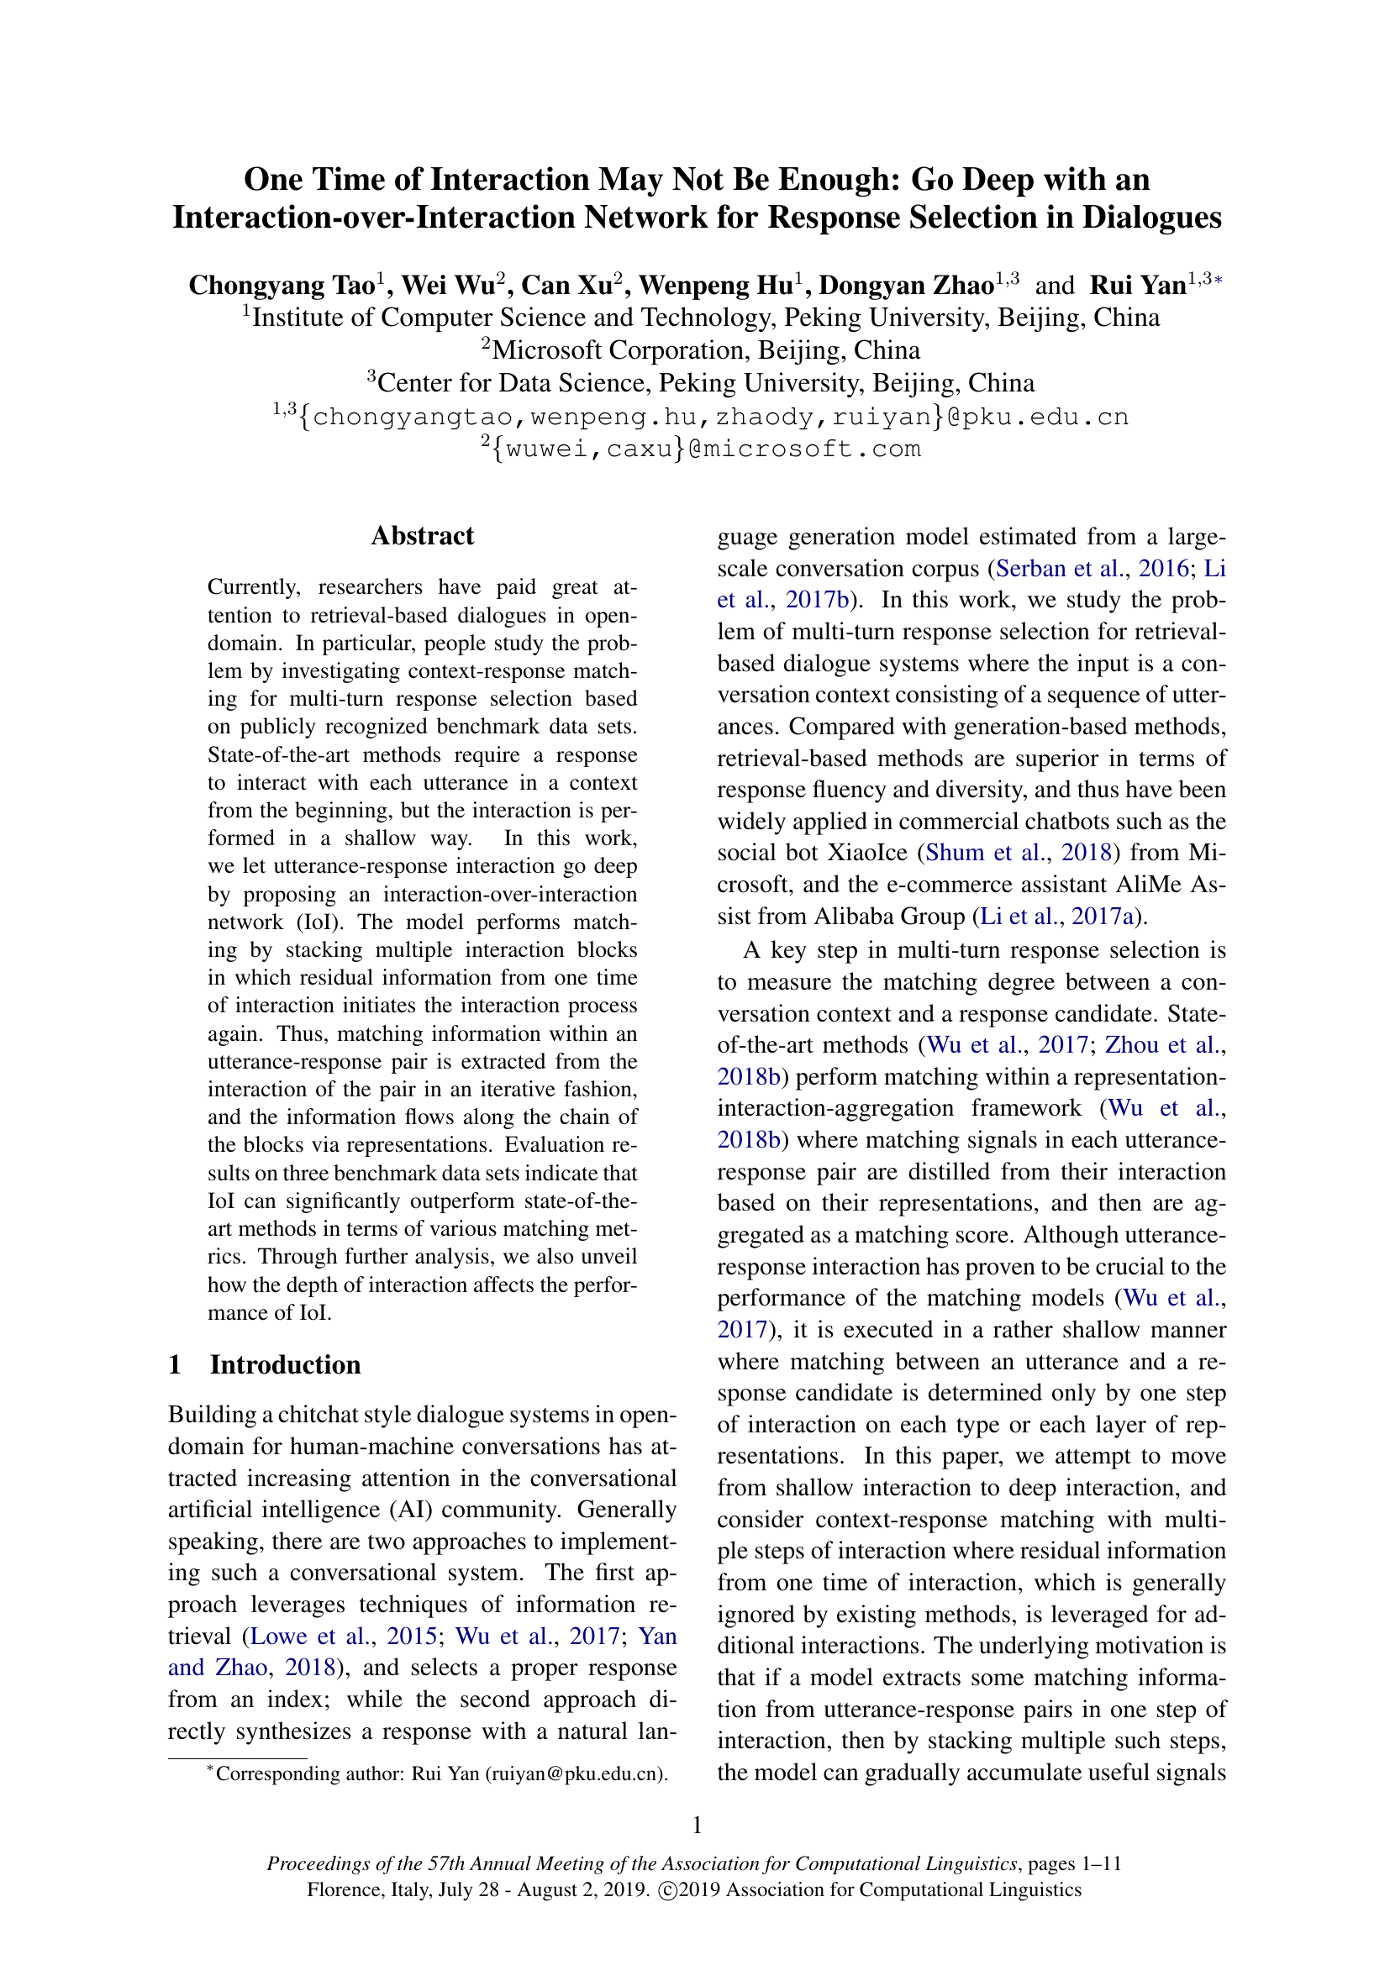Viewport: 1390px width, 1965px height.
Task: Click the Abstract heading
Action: pyautogui.click(x=422, y=536)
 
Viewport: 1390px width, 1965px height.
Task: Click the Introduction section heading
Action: pyautogui.click(x=285, y=1364)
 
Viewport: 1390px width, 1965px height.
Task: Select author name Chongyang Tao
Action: pyautogui.click(x=281, y=285)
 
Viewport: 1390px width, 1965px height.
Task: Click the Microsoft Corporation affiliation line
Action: pyautogui.click(x=700, y=350)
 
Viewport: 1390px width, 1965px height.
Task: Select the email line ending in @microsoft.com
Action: pyautogui.click(x=700, y=449)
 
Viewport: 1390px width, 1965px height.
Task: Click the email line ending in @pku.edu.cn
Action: pyautogui.click(x=700, y=417)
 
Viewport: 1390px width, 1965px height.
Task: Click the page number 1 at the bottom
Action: pyautogui.click(x=697, y=1826)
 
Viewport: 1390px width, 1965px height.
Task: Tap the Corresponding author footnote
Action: pyautogui.click(x=436, y=1773)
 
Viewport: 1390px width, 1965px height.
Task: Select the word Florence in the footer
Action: pyautogui.click(x=340, y=1889)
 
